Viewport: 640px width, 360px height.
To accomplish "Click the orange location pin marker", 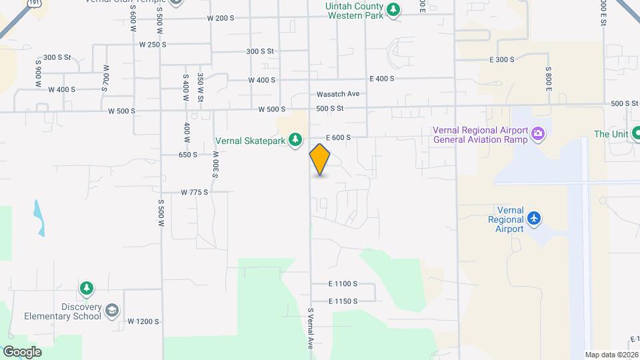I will [320, 159].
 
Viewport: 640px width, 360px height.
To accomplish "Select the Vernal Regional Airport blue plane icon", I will [533, 219].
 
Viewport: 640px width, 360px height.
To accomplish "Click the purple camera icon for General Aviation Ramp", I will [538, 135].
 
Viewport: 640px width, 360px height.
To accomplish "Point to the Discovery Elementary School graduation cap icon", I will [112, 311].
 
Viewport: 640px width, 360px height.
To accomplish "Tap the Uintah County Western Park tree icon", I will [395, 9].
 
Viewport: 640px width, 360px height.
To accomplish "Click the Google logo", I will [22, 352].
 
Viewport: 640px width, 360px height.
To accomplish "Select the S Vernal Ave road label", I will [311, 329].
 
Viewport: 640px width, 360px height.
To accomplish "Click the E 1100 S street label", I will [343, 283].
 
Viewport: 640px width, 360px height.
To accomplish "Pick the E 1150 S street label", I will [343, 301].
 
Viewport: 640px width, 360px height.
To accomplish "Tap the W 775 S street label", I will [195, 192].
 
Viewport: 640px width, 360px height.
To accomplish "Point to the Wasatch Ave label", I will [338, 94].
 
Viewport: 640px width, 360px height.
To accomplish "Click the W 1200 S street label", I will [144, 321].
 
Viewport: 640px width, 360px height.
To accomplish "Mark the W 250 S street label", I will [153, 45].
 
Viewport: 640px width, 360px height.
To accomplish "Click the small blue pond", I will [39, 218].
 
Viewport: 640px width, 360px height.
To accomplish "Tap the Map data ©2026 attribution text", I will [611, 355].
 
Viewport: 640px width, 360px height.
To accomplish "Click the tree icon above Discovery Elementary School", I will [86, 289].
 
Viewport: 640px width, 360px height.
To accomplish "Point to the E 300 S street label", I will [502, 60].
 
